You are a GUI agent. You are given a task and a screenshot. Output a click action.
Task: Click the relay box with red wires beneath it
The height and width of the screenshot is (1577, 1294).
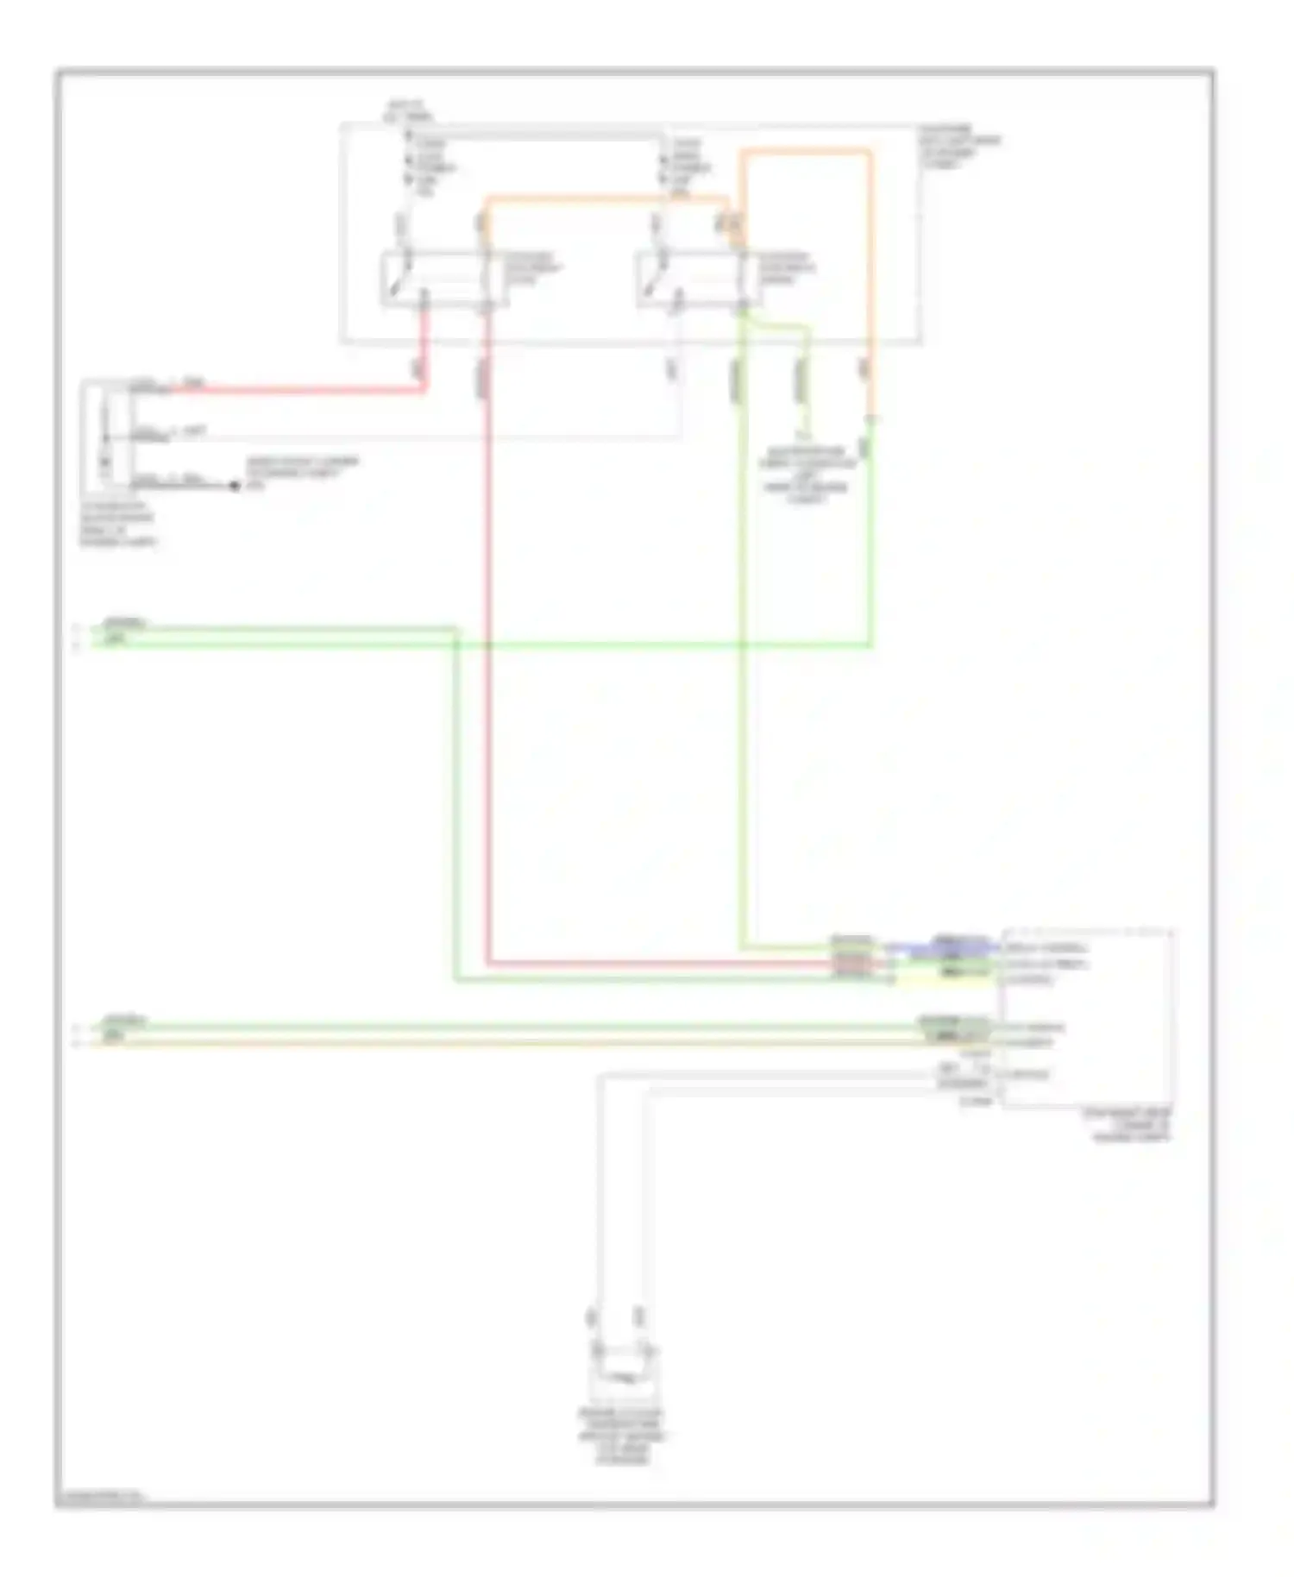pos(438,279)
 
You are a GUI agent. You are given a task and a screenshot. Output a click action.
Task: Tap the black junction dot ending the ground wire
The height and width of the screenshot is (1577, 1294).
pos(234,486)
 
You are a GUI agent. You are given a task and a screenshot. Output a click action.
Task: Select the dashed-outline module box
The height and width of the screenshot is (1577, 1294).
pos(1087,1018)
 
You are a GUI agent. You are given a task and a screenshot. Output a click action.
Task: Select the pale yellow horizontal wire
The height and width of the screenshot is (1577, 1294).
pos(518,1043)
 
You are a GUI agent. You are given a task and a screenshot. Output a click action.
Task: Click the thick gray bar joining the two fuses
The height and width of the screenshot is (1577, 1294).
pos(535,135)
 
